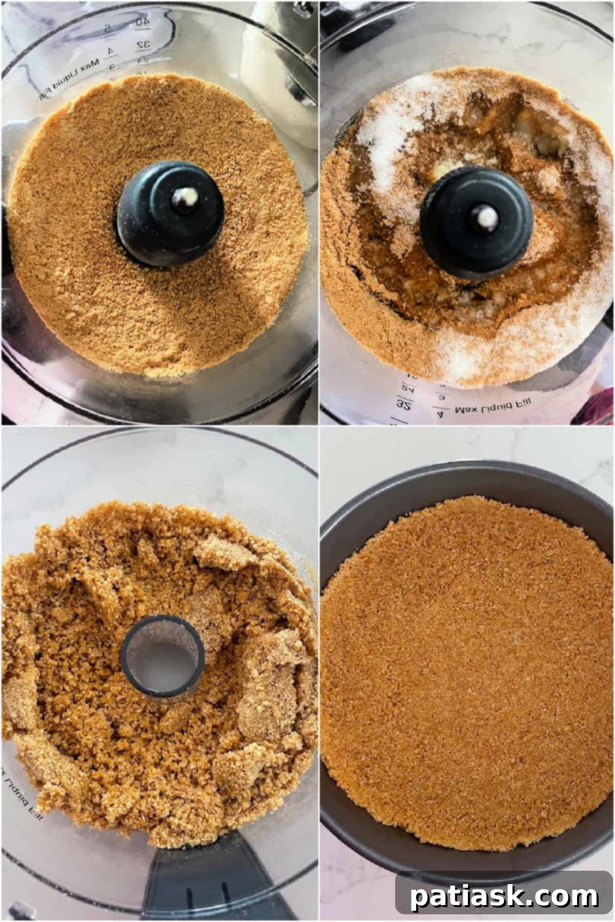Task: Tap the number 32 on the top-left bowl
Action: pos(143,45)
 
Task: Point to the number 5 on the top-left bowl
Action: pos(108,29)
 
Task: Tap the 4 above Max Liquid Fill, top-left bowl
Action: pos(109,52)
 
